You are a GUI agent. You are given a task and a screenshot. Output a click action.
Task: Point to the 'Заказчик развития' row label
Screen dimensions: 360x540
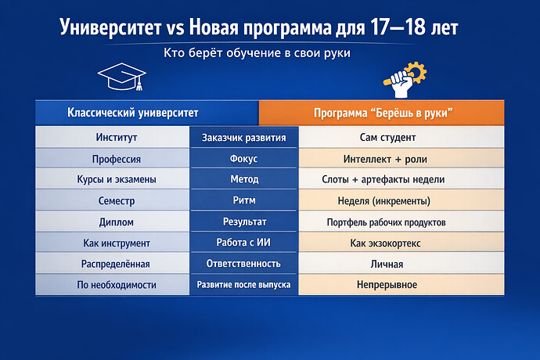pyautogui.click(x=244, y=138)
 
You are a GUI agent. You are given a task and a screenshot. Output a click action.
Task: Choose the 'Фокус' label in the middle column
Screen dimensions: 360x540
pyautogui.click(x=244, y=159)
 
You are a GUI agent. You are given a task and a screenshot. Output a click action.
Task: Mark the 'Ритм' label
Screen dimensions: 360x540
pyautogui.click(x=244, y=200)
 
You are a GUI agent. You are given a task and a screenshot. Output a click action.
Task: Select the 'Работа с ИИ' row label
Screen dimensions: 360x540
pyautogui.click(x=244, y=243)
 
